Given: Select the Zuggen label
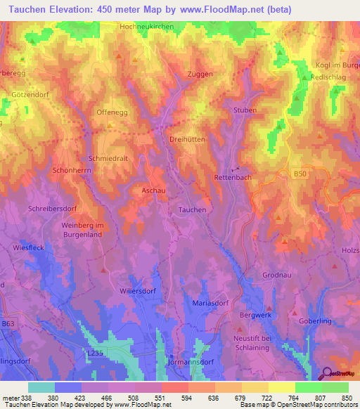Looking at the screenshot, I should pos(199,74).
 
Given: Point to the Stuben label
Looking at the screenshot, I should pos(245,110).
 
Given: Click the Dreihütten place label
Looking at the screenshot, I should pos(188,139).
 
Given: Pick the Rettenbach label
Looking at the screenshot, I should pos(233,178).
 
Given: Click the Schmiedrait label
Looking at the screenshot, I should pos(108,158).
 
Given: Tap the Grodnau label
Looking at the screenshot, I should pos(276,275).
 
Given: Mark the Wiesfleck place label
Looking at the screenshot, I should pos(30,248).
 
